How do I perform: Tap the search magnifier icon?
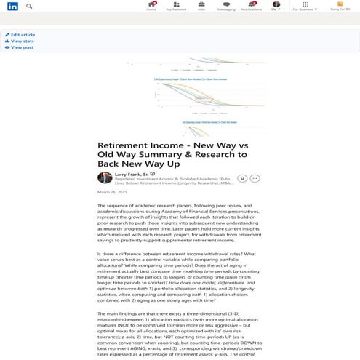[x=29, y=6]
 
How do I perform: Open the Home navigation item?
[x=151, y=6]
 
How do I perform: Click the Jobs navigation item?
[x=201, y=6]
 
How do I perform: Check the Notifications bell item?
[x=251, y=6]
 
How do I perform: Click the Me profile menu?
[x=276, y=6]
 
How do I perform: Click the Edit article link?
[x=23, y=35]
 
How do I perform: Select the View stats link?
[x=21, y=41]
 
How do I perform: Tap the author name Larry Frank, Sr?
[x=132, y=175]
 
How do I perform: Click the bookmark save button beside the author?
[x=241, y=177]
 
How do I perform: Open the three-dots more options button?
[x=255, y=177]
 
